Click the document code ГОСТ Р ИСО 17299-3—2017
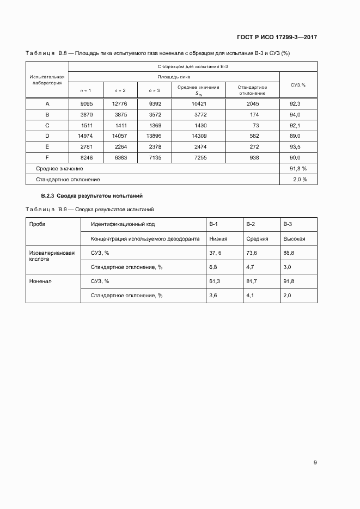pyautogui.click(x=277, y=38)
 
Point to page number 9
pyautogui.click(x=315, y=463)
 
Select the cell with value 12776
pyautogui.click(x=119, y=103)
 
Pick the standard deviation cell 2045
pyautogui.click(x=252, y=103)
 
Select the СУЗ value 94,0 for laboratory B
pyautogui.click(x=296, y=114)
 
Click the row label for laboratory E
pyautogui.click(x=47, y=146)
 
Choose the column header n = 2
pyautogui.click(x=119, y=90)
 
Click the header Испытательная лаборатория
pyautogui.click(x=47, y=80)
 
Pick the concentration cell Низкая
pyautogui.click(x=218, y=238)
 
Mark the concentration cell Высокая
pyautogui.click(x=294, y=238)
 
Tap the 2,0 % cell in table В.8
pyautogui.click(x=300, y=179)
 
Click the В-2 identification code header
pyautogui.click(x=251, y=224)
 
